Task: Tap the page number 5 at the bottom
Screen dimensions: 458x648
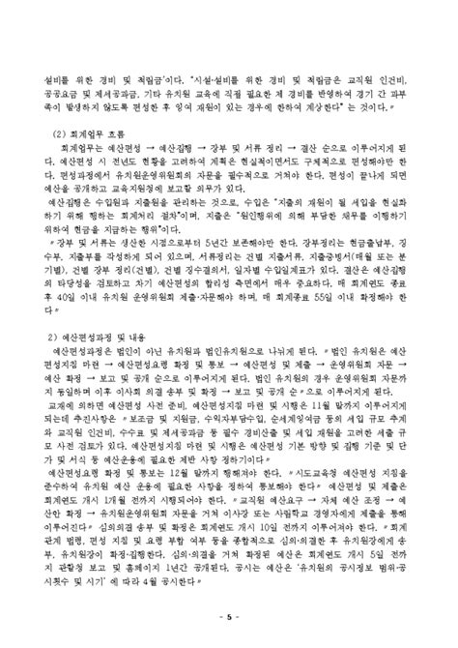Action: tap(229, 615)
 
